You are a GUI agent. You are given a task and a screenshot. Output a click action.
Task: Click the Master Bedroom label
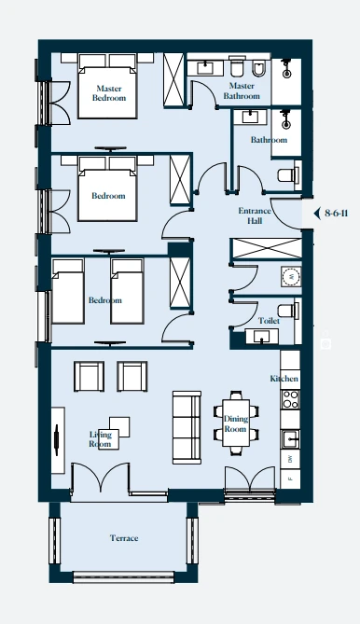[109, 93]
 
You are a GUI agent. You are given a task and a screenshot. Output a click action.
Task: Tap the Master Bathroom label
[242, 90]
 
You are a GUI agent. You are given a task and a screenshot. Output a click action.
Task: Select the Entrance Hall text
[255, 215]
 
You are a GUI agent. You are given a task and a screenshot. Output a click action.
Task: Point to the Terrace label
[124, 538]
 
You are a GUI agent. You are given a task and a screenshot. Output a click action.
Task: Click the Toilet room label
[269, 320]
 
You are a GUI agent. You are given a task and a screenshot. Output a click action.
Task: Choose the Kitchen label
[284, 379]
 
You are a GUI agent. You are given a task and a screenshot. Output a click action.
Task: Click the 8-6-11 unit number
[336, 214]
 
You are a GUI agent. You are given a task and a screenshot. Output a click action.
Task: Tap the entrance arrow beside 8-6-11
[317, 214]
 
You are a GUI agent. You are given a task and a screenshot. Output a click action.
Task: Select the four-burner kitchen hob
[290, 399]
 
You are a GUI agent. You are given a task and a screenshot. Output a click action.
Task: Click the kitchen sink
[290, 439]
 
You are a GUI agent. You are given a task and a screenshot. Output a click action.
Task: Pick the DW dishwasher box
[290, 459]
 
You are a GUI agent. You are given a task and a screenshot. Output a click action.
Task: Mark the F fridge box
[290, 478]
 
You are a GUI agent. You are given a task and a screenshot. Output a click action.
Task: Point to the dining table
[235, 423]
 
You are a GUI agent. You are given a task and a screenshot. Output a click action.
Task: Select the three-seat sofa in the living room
[187, 427]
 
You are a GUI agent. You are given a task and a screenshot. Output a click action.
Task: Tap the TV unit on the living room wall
[58, 440]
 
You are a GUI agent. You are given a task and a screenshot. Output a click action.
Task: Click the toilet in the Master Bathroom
[237, 68]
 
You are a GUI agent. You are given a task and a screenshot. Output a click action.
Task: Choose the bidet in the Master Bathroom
[258, 69]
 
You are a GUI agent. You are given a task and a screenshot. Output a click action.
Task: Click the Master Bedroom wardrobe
[173, 79]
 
